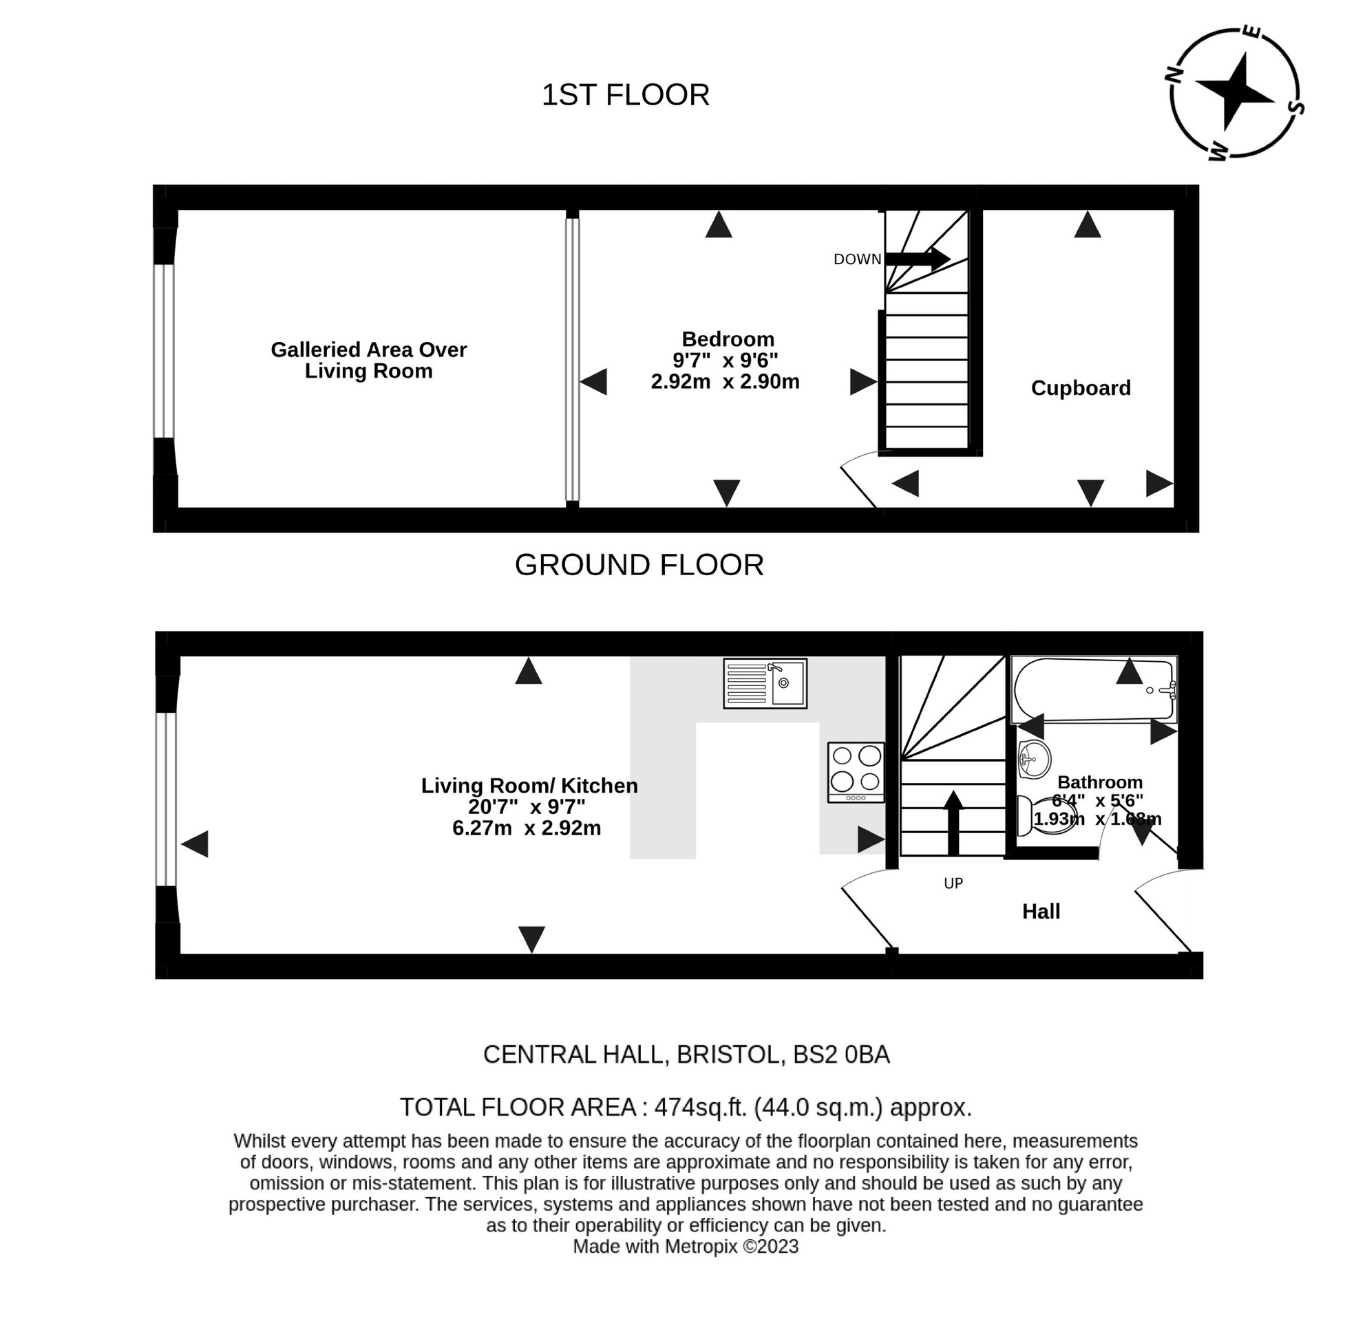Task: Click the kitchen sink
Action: [765, 683]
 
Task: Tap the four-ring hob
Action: [856, 771]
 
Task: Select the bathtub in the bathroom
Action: [1093, 689]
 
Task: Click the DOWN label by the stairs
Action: [857, 259]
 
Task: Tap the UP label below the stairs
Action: [953, 883]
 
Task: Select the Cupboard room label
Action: [1080, 388]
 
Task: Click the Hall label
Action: [1040, 911]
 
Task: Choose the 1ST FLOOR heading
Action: [625, 95]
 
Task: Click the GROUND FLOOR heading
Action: [639, 565]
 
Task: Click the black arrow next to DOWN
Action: [917, 259]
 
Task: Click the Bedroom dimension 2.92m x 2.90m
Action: [725, 382]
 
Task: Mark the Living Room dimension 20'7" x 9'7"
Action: [527, 807]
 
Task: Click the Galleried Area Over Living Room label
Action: [368, 360]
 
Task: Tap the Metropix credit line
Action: [685, 1247]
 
